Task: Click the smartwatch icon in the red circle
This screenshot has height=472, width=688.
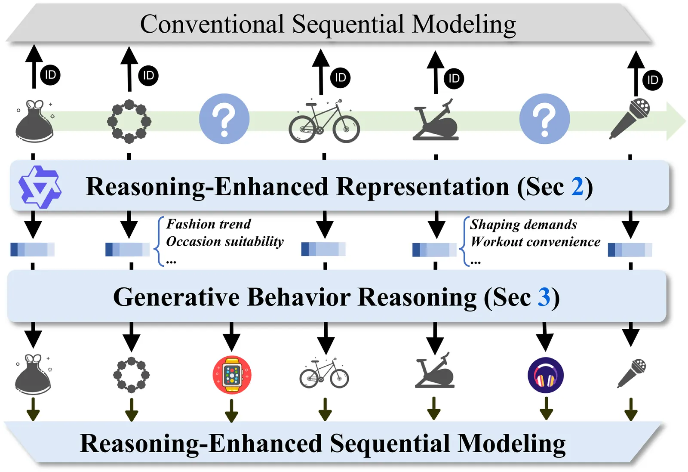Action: (232, 375)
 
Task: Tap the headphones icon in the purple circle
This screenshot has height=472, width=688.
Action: (546, 375)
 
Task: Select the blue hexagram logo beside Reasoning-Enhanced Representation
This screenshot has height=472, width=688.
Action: (40, 187)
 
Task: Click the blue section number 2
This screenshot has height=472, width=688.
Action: (577, 187)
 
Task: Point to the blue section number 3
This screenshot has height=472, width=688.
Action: (544, 297)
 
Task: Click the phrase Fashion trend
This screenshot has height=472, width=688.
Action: (209, 224)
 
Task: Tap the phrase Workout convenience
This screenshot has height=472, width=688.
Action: (535, 242)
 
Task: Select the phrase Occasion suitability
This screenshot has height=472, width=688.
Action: (225, 241)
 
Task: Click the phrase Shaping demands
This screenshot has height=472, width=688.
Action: (523, 225)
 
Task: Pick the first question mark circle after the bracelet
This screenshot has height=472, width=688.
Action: (224, 119)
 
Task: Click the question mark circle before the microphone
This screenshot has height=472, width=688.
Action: (544, 119)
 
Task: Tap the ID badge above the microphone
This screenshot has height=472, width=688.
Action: (653, 80)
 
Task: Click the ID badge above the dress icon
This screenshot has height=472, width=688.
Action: (50, 75)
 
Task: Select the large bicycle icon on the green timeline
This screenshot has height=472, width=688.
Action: (324, 121)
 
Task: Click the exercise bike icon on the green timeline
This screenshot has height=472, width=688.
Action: (436, 120)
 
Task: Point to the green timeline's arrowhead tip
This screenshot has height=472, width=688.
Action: (685, 121)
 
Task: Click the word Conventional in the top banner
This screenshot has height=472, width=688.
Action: (212, 24)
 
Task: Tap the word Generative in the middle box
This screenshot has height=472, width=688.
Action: (176, 297)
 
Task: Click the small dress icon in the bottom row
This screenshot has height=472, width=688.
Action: (33, 374)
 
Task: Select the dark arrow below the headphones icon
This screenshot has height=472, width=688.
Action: (546, 408)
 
